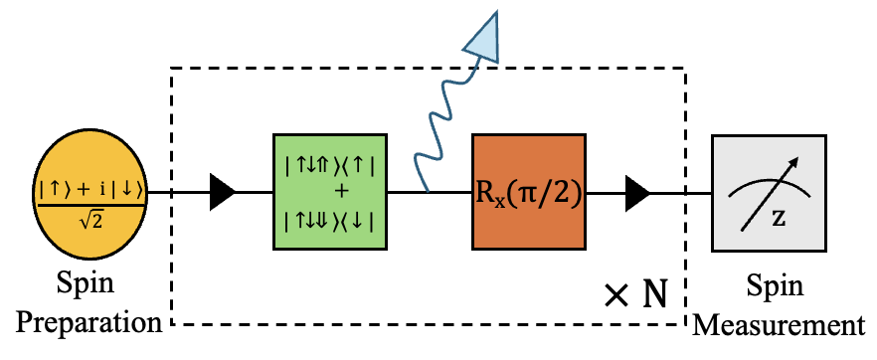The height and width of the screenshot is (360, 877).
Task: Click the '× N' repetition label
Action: click(635, 293)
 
